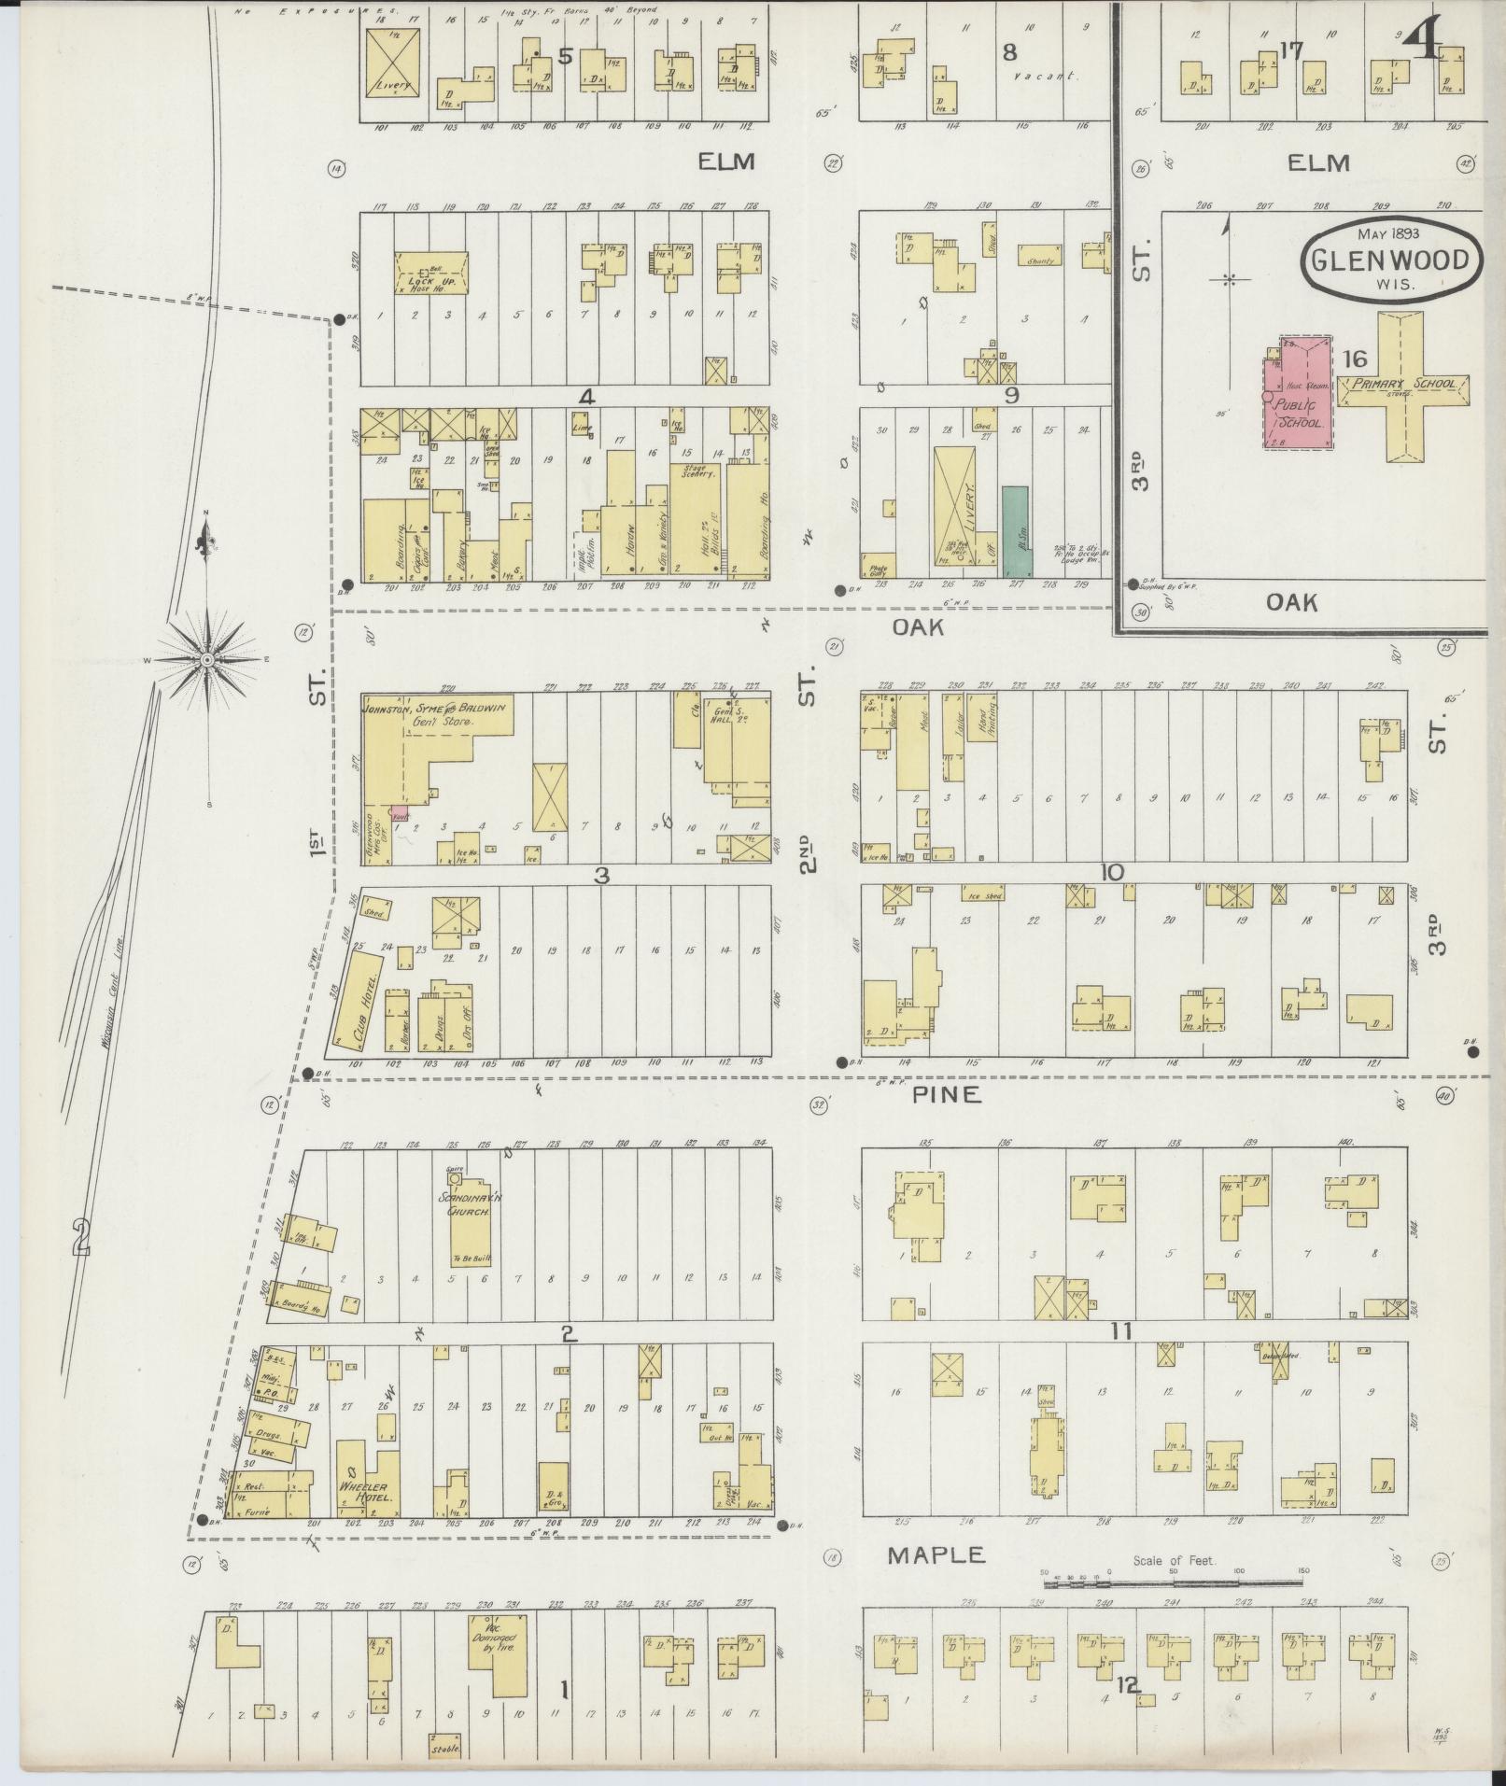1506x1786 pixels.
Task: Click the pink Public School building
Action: pyautogui.click(x=1298, y=397)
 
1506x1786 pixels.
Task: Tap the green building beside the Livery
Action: pyautogui.click(x=1015, y=530)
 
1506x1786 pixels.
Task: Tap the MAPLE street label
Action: pyautogui.click(x=936, y=1554)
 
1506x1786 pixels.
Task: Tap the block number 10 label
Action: pyautogui.click(x=1112, y=872)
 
